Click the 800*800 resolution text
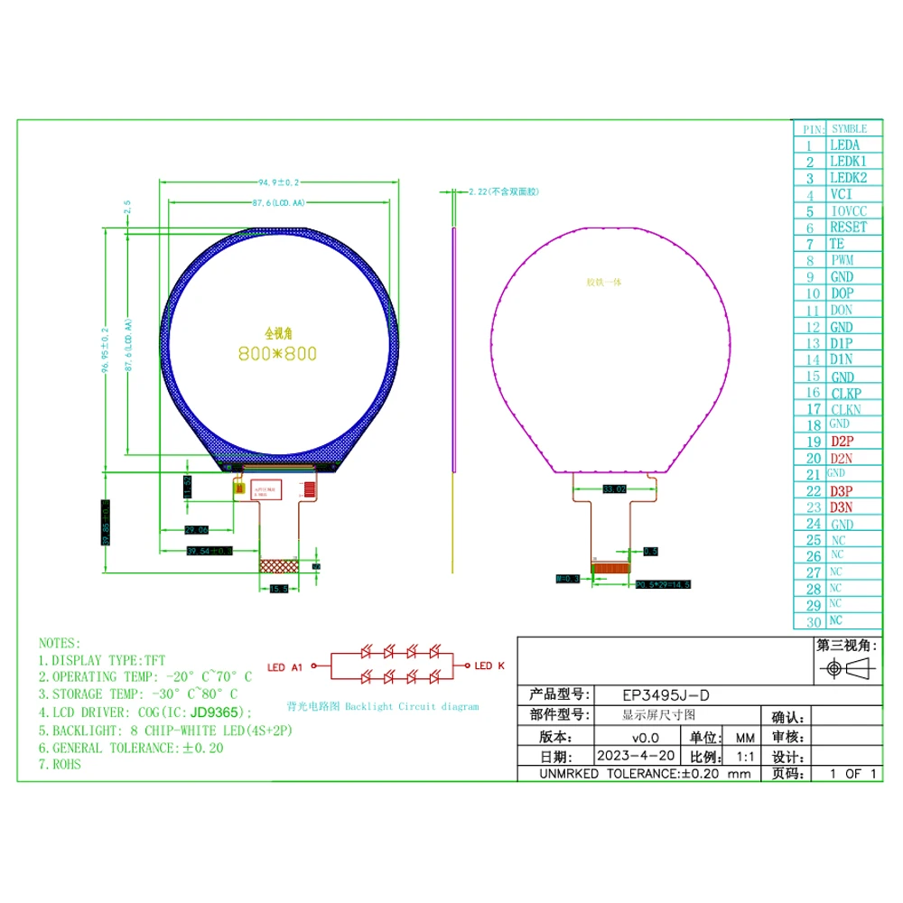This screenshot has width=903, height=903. point(277,354)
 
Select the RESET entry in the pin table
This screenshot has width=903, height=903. point(847,228)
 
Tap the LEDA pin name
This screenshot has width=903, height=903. point(843,144)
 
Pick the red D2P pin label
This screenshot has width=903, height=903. point(842,442)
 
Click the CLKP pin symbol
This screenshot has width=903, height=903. point(845,393)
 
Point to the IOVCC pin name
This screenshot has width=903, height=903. point(847,211)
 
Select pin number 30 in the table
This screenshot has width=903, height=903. point(814,621)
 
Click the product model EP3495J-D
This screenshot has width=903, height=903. point(666,695)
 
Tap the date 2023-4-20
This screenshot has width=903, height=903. point(636,756)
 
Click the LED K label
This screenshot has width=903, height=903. point(489,666)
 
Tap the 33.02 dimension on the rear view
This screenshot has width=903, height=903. point(614,489)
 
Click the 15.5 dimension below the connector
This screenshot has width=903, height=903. point(278,589)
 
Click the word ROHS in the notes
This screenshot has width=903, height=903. point(66,765)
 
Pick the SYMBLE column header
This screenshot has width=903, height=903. point(849,129)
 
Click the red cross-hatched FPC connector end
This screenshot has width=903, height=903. point(278,565)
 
